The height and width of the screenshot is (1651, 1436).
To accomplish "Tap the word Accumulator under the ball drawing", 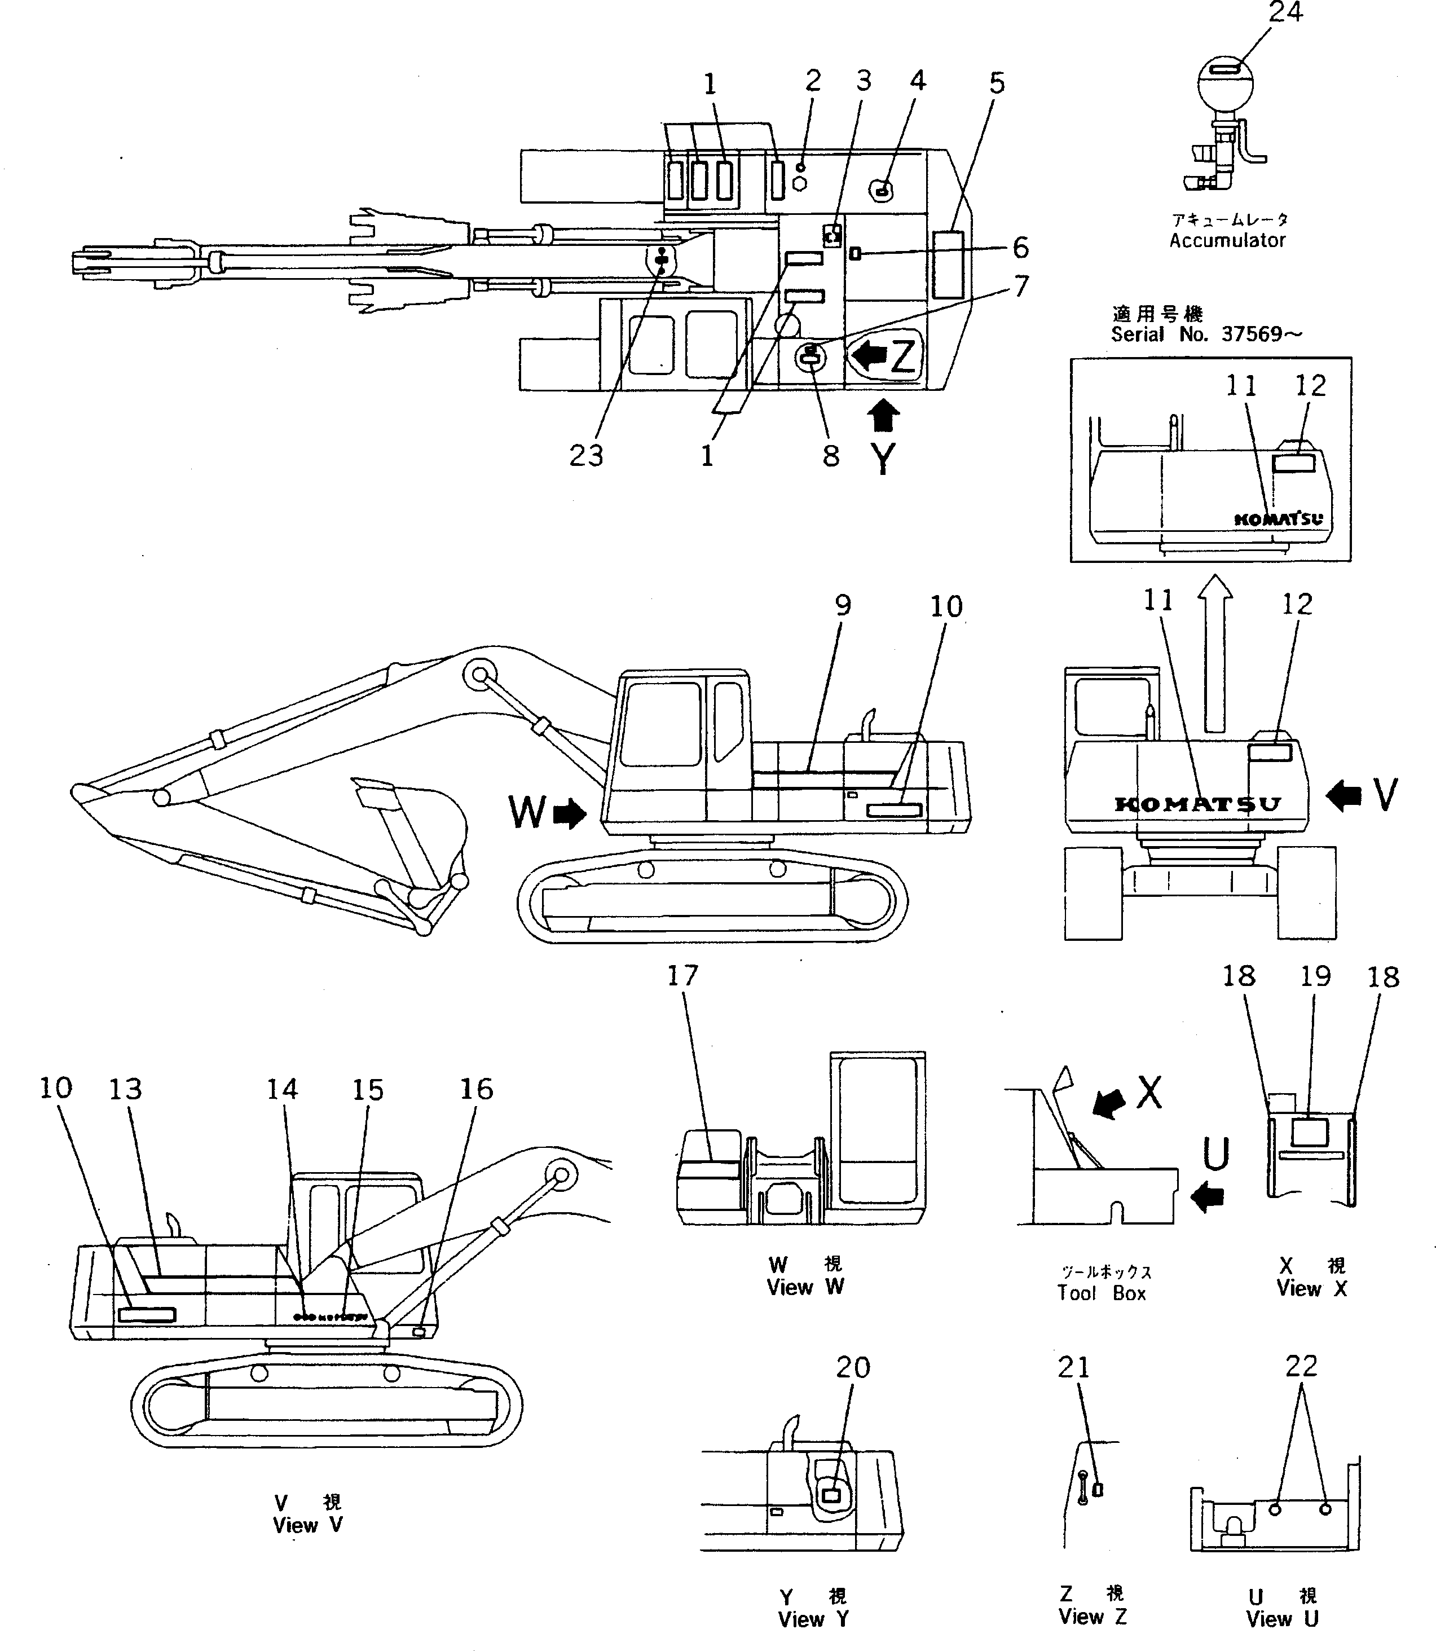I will [1227, 240].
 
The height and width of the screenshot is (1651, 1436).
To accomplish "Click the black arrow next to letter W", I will [570, 815].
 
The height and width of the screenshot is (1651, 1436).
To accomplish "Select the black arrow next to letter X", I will [1108, 1104].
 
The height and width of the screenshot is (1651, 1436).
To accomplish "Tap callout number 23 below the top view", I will [586, 455].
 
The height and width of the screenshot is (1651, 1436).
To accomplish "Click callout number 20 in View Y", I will [853, 1367].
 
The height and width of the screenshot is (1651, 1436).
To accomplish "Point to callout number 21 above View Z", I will [1074, 1367].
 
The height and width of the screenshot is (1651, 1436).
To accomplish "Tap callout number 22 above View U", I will [1301, 1366].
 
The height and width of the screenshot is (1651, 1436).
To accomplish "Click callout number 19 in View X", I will [1315, 976].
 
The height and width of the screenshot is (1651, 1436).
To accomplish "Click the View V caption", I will [308, 1525].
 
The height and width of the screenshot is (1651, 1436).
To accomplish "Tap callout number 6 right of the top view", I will [1020, 248].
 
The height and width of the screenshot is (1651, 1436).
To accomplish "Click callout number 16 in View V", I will [476, 1089].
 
